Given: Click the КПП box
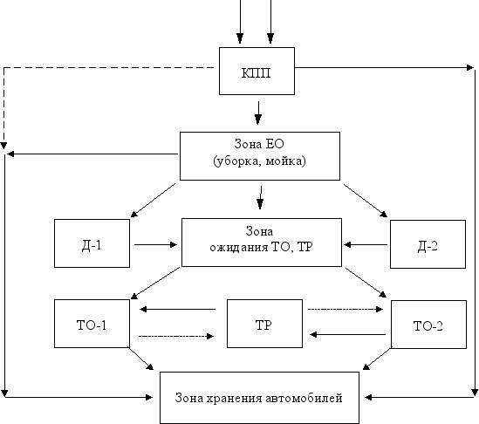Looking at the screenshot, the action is pyautogui.click(x=257, y=71).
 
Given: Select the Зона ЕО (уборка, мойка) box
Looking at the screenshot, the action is pyautogui.click(x=260, y=156).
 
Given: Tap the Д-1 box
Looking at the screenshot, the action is pyautogui.click(x=92, y=243).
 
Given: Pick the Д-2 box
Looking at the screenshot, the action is pyautogui.click(x=428, y=244).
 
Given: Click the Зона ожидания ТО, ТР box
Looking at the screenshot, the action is pyautogui.click(x=262, y=243).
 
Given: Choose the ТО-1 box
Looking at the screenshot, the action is pyautogui.click(x=92, y=324).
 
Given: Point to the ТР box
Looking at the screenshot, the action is pyautogui.click(x=265, y=324).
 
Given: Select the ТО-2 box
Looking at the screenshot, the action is pyautogui.click(x=429, y=325).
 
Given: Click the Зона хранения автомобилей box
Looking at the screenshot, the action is pyautogui.click(x=259, y=398).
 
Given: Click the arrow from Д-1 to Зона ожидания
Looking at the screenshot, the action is pyautogui.click(x=156, y=244).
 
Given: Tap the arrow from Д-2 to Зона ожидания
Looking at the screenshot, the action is pyautogui.click(x=366, y=244).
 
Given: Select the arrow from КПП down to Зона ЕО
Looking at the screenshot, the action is pyautogui.click(x=258, y=113).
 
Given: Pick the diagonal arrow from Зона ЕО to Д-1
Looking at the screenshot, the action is pyautogui.click(x=153, y=201).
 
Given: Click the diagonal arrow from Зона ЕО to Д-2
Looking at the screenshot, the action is pyautogui.click(x=366, y=201).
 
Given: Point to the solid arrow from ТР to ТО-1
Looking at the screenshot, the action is pyautogui.click(x=177, y=310).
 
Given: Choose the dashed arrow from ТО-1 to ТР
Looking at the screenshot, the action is pyautogui.click(x=176, y=337).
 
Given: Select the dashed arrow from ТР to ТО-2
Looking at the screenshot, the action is pyautogui.click(x=346, y=310).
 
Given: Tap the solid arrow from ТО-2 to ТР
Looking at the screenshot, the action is pyautogui.click(x=347, y=335).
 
